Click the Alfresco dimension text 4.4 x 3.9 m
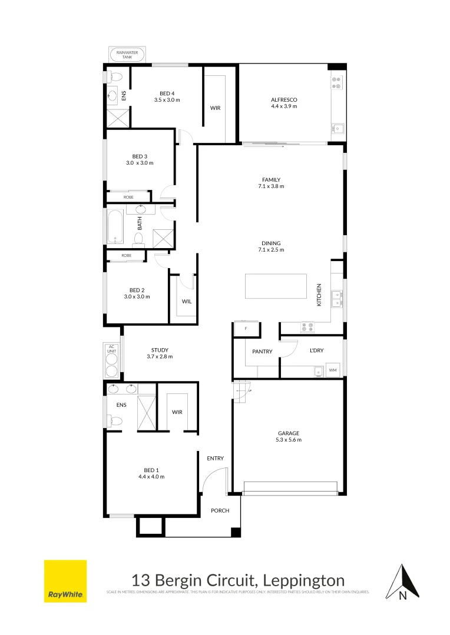pos(283,106)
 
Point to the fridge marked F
pos(246,329)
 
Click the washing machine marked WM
pos(333,370)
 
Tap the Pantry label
pos(262,352)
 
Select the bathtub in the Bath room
pos(115,226)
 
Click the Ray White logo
pos(65,581)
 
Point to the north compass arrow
pos(403,582)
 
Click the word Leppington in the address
pos(305,580)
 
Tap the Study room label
pos(160,349)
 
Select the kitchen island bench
pos(276,286)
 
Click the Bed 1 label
pos(151,470)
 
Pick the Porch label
pos(220,511)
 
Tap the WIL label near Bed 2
pos(186,301)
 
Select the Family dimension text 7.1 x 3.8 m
pos(271,186)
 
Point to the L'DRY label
pos(316,350)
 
